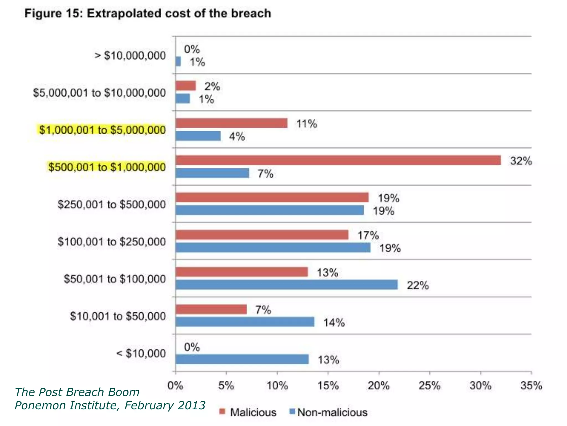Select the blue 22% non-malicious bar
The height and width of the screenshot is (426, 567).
[x=287, y=285]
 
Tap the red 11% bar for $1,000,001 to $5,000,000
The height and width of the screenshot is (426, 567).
[x=231, y=123]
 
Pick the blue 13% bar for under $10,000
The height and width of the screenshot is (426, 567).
[x=242, y=359]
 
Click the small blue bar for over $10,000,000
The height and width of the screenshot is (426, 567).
[x=178, y=62]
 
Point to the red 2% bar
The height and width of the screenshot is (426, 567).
[x=185, y=86]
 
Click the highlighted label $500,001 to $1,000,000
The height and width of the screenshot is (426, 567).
[x=107, y=167]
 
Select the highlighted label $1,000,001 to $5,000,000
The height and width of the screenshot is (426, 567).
[x=102, y=130]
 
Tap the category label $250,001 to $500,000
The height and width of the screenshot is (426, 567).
[x=112, y=204]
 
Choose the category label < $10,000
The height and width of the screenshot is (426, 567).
[x=141, y=353]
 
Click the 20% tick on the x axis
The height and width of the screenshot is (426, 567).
[x=378, y=386]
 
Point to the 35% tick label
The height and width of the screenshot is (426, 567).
[x=531, y=386]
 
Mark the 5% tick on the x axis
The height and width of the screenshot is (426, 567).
[x=226, y=386]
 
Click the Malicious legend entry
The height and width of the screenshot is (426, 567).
[x=248, y=412]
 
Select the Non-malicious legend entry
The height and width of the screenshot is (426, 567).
[x=328, y=412]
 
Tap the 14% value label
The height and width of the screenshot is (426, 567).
[x=334, y=323]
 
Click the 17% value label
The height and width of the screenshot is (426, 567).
[x=368, y=235]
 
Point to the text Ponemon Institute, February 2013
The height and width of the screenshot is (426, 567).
[x=110, y=405]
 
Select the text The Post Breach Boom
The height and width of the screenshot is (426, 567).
[x=77, y=392]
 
